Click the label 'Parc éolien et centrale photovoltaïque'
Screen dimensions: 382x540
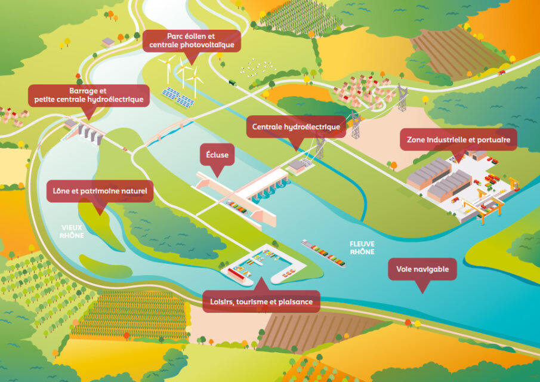pyautogui.click(x=192, y=41)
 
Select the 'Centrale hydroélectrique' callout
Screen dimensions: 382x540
pyautogui.click(x=296, y=127)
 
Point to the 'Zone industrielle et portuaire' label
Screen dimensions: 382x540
pyautogui.click(x=458, y=140)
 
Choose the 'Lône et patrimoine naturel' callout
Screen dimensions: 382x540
pyautogui.click(x=100, y=192)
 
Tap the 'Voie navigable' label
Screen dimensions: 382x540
pyautogui.click(x=422, y=269)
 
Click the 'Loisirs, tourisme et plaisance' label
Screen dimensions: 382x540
pyautogui.click(x=261, y=301)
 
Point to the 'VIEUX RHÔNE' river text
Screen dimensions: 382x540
pyautogui.click(x=72, y=231)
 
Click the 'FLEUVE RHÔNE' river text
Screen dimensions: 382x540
pyautogui.click(x=363, y=248)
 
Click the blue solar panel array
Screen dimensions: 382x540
pyautogui.click(x=178, y=97)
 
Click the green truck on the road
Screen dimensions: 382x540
pyautogui.click(x=232, y=82)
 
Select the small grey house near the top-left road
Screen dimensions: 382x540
pyautogui.click(x=108, y=42)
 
